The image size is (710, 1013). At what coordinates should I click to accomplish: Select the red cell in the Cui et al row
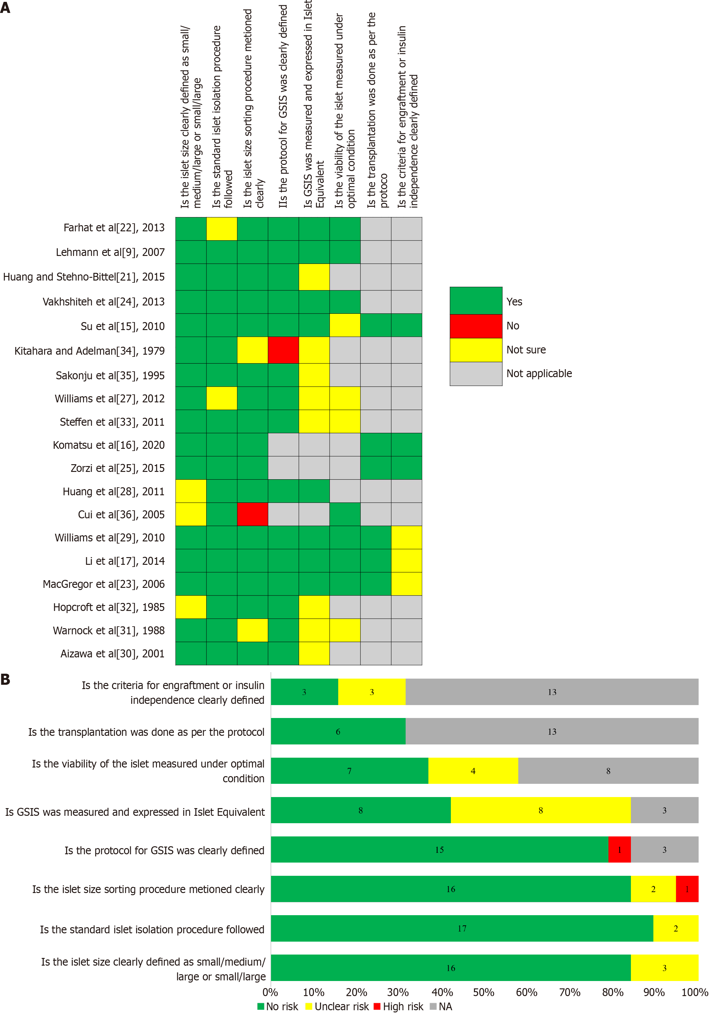point(252,514)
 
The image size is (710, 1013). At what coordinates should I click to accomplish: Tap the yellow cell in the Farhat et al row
point(222,229)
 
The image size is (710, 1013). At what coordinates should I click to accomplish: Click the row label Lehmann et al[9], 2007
point(110,252)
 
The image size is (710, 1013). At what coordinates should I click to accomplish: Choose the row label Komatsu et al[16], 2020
point(109,445)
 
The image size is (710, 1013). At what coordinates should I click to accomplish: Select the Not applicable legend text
point(539,373)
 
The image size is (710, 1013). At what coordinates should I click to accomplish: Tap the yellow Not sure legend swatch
point(476,350)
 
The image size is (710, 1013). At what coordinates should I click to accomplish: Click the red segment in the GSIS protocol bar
point(619,849)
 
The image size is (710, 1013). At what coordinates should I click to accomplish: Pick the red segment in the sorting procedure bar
point(687,889)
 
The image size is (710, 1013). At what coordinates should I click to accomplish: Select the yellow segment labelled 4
point(473,771)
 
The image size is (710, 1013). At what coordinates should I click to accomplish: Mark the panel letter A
point(5,7)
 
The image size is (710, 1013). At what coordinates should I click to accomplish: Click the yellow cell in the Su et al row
point(345,325)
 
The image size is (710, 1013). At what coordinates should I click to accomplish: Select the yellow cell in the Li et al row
point(407,560)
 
